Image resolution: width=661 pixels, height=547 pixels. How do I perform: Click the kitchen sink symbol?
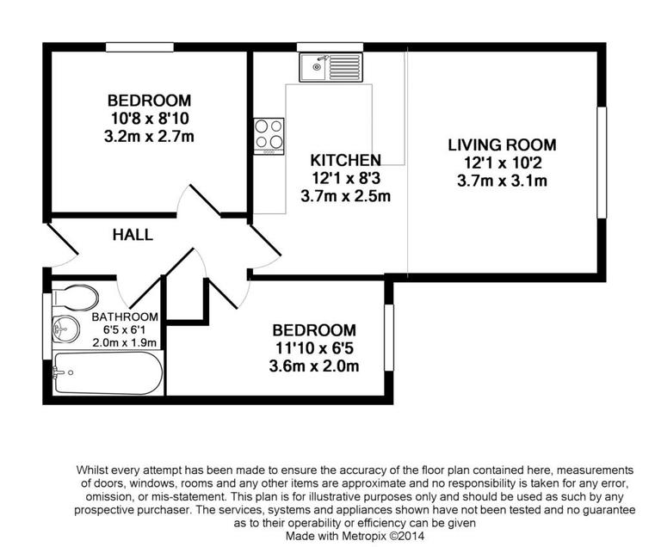330,65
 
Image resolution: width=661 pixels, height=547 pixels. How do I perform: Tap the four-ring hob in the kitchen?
269,135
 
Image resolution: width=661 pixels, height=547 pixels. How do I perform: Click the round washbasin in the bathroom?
65,328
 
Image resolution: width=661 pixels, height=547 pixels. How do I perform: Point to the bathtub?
107,372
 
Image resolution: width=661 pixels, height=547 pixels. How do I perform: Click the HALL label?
133,235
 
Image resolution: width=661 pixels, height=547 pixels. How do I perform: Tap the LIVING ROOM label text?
503,144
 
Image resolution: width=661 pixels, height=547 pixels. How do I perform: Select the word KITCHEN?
345,160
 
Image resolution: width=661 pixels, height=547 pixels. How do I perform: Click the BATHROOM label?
125,317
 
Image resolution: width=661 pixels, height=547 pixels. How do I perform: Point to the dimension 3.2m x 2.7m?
150,136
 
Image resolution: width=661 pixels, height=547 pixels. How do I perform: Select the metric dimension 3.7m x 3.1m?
503,181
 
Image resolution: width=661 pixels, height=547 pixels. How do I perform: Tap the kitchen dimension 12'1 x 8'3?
345,178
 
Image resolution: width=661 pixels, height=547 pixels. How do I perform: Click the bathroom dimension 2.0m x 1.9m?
125,341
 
